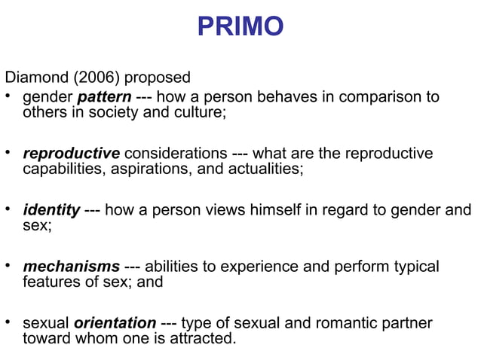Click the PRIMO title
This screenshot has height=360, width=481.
240,27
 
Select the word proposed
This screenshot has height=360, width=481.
158,78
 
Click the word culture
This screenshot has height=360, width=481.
200,113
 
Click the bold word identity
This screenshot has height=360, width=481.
51,210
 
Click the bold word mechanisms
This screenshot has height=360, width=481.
71,267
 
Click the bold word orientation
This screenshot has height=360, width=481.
115,323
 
